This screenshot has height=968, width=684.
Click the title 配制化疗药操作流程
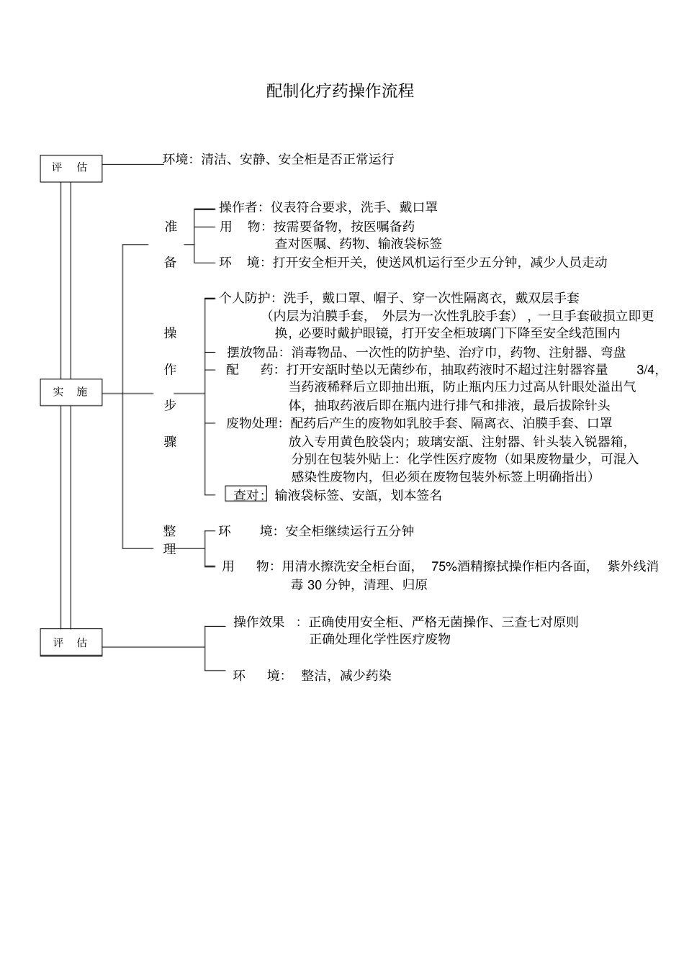340,91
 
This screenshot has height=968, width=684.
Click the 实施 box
71,392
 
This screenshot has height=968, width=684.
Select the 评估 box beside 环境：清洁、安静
71,168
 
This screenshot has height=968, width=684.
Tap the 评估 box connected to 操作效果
71,643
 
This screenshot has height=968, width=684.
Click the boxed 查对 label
246,495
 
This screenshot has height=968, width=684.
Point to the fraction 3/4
647,369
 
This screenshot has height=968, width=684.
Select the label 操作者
240,207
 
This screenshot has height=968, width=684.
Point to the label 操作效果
258,622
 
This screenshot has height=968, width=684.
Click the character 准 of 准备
170,226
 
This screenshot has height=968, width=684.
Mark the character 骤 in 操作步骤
170,442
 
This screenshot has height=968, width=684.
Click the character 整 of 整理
170,531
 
